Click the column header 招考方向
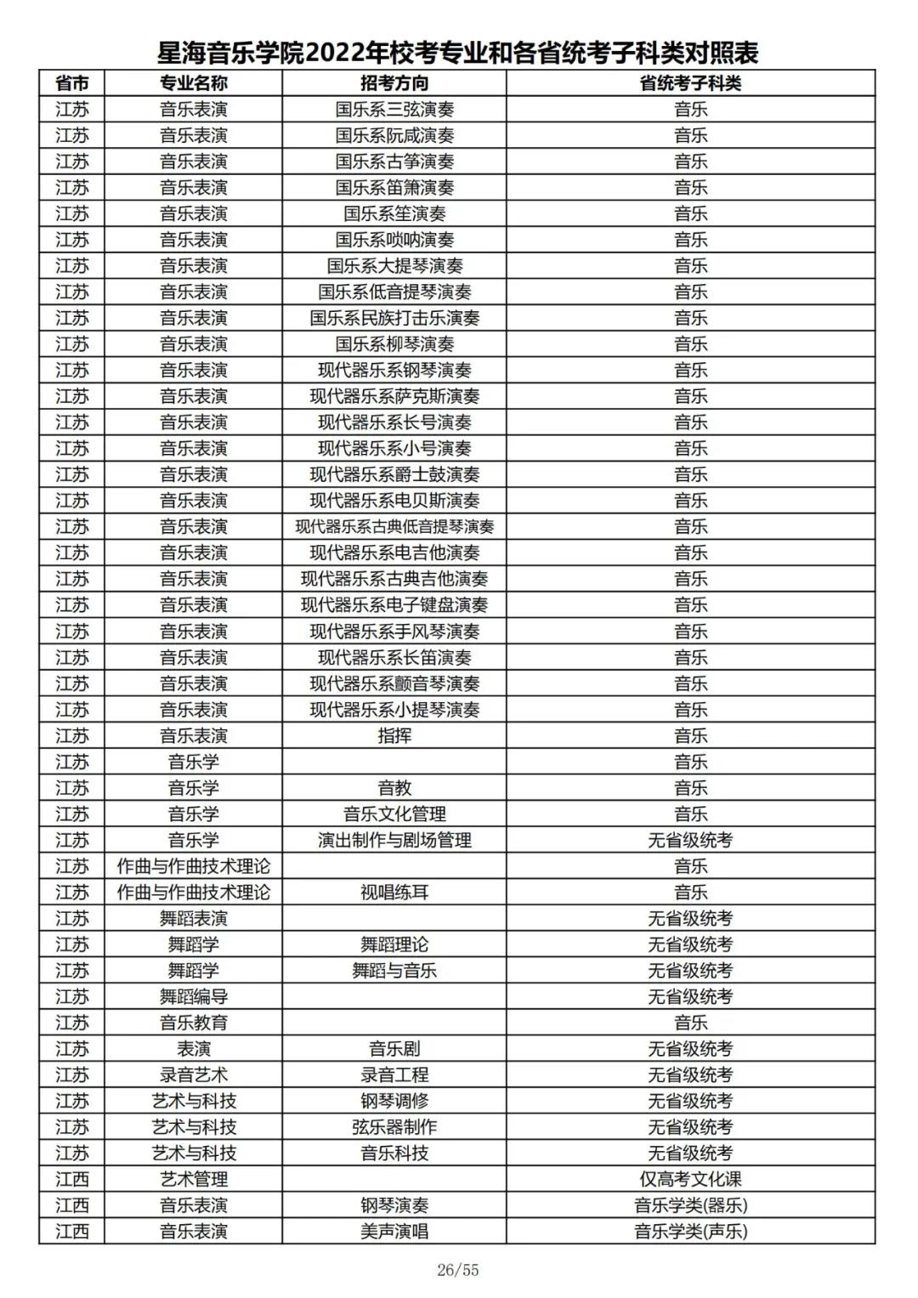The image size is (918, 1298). tap(394, 83)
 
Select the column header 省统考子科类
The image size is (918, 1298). tap(690, 83)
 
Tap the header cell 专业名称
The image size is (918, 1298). tap(194, 83)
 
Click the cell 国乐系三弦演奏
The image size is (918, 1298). tap(394, 110)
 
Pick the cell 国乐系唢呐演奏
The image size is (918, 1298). tap(394, 240)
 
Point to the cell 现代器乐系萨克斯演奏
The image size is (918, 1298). tap(394, 396)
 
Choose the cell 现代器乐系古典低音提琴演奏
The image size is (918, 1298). tap(394, 527)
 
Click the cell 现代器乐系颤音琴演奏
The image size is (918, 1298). tap(394, 683)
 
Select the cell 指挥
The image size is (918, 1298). tap(394, 736)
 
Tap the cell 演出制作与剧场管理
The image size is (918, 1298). tap(394, 841)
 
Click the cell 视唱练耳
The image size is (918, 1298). tap(394, 893)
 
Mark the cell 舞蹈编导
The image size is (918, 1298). tap(194, 997)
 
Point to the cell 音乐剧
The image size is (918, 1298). tap(394, 1049)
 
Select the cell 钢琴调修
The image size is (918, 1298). tap(394, 1102)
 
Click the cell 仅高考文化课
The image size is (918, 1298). tap(690, 1180)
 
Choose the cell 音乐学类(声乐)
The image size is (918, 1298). tap(690, 1232)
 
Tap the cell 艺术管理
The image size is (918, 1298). tap(194, 1180)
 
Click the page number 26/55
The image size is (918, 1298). tap(458, 1271)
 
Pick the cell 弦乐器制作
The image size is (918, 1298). tap(394, 1127)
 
